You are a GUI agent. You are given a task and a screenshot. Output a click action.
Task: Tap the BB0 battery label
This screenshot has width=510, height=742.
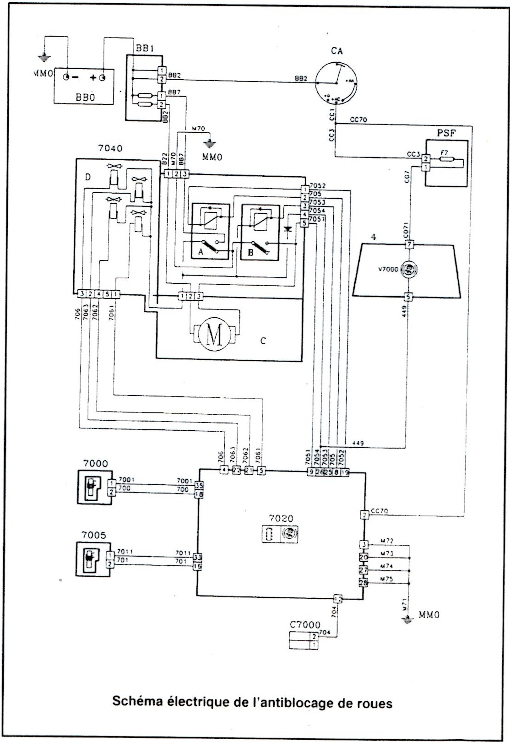pyautogui.click(x=83, y=97)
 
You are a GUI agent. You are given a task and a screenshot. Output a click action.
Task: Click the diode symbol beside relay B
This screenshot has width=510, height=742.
pyautogui.click(x=288, y=228)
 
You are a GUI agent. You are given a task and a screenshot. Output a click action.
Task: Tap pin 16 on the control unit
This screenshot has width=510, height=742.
pyautogui.click(x=199, y=567)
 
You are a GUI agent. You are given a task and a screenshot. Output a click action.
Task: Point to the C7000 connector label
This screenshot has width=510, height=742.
pyautogui.click(x=305, y=625)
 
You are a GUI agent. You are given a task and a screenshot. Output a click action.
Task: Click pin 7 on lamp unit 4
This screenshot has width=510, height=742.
pyautogui.click(x=409, y=244)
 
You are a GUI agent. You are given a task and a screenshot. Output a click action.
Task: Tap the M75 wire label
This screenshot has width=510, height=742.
pyautogui.click(x=387, y=579)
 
